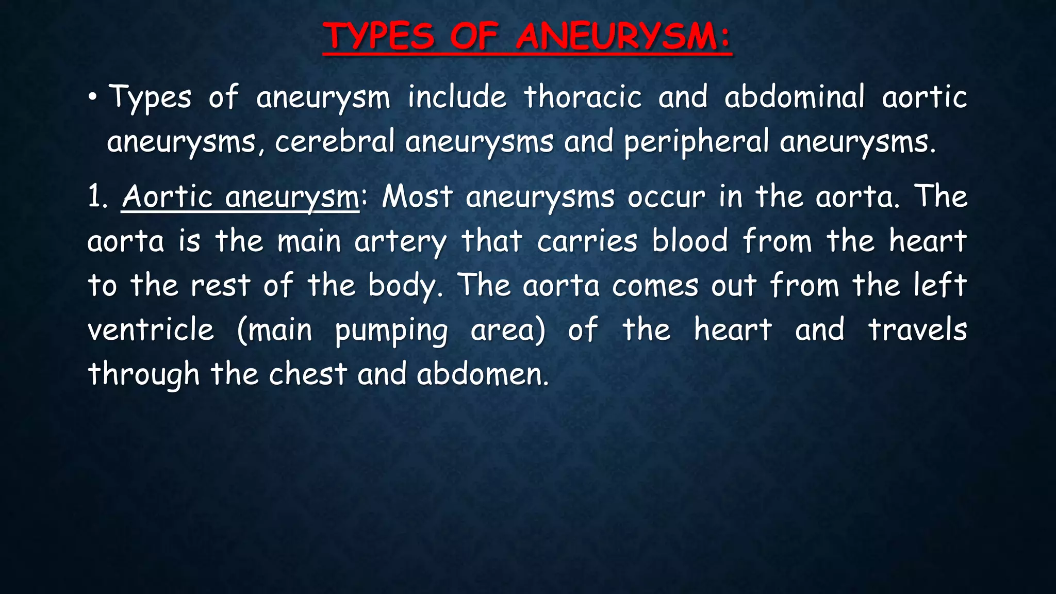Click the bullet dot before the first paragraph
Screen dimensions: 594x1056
[92, 97]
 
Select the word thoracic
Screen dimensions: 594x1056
[583, 97]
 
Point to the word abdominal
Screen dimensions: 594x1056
[794, 97]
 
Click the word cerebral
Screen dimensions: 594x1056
[335, 142]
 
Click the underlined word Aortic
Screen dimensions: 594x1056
[168, 196]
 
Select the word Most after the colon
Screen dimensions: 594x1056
[417, 196]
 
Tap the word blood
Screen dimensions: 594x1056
[690, 241]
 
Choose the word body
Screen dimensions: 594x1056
[405, 286]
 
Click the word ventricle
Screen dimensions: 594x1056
[151, 330]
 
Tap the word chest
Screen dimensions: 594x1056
[308, 374]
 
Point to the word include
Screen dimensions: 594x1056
[457, 97]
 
